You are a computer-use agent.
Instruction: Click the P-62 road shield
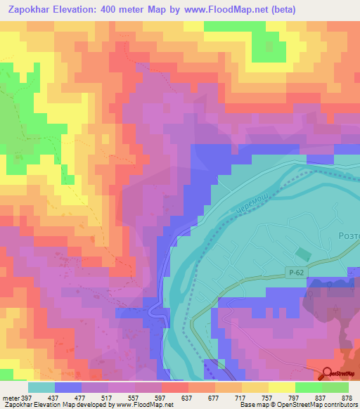pyautogui.click(x=297, y=273)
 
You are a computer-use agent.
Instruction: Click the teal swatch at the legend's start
pyautogui.click(x=41, y=387)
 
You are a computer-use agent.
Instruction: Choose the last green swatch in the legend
pyautogui.click(x=335, y=387)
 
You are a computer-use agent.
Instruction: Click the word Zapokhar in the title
pyautogui.click(x=30, y=10)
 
